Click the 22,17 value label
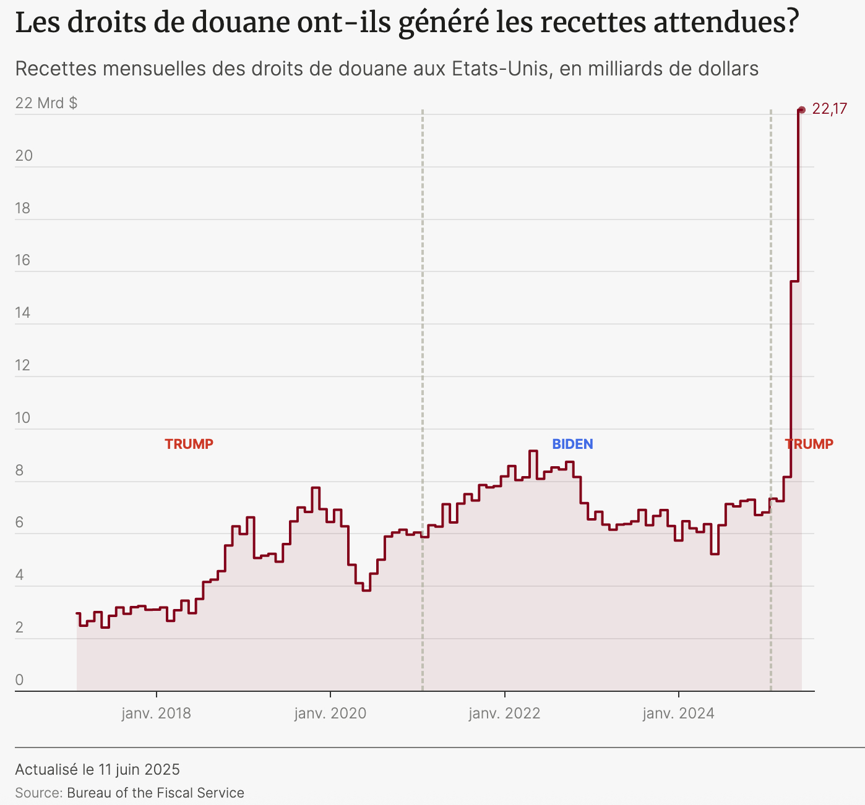829,109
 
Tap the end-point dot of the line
801,110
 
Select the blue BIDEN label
572,444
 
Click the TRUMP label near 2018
189,444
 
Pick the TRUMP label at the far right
809,444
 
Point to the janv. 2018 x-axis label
156,713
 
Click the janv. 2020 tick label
330,713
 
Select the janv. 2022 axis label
504,713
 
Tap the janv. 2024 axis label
678,713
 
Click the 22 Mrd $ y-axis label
46,103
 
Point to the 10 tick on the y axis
23,417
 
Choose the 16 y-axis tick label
23,260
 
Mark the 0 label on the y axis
19,680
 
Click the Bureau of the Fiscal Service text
155,793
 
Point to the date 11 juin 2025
139,769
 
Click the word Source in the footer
38,793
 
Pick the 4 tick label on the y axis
19,575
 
